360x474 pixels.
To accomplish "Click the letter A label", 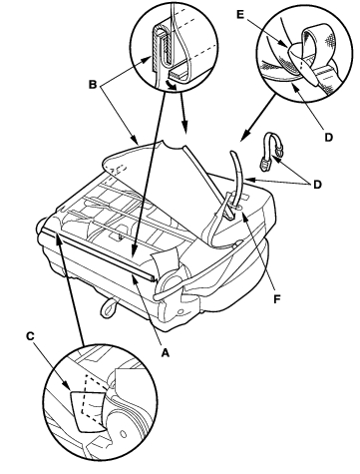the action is (x=166, y=352).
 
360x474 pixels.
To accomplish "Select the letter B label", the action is (x=93, y=84).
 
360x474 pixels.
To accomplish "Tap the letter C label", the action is (x=30, y=336).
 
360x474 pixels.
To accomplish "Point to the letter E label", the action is (x=240, y=14).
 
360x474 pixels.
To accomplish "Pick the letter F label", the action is (x=277, y=299).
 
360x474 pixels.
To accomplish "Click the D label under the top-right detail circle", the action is (x=328, y=137).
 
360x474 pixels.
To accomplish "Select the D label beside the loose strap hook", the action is (x=317, y=184).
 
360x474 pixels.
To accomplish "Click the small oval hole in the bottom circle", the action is (x=124, y=434).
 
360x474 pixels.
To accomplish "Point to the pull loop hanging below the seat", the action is (x=109, y=307).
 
